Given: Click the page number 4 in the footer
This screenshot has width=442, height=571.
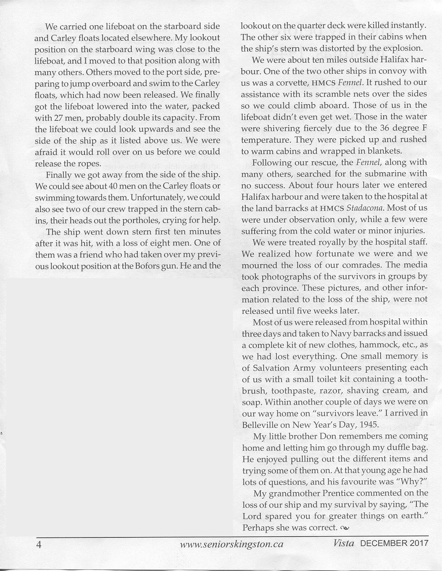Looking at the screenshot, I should (x=38, y=544).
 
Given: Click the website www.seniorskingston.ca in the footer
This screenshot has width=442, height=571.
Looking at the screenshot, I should (x=232, y=544).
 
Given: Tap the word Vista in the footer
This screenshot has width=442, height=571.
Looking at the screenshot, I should (x=344, y=544).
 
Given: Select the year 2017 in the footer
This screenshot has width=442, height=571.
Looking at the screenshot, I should (x=418, y=544).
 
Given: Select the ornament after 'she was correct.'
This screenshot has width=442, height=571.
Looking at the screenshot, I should (x=345, y=528).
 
